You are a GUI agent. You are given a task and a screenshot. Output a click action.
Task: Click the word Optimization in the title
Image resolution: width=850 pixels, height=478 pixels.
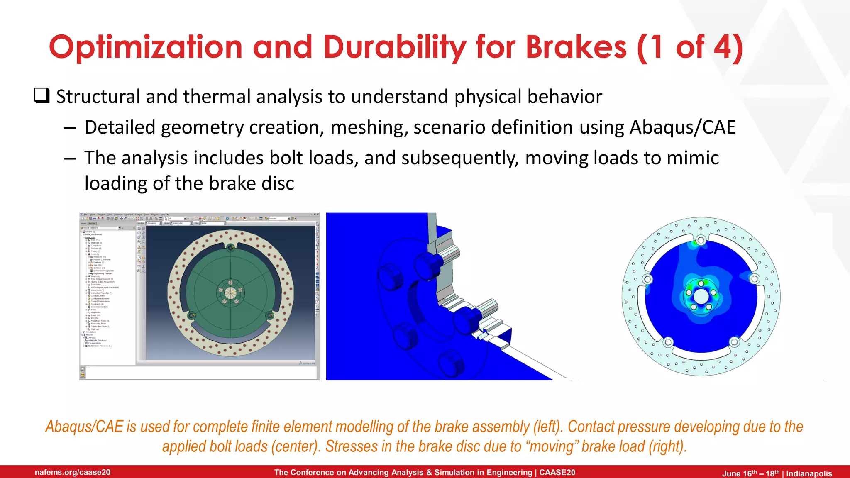[145, 47]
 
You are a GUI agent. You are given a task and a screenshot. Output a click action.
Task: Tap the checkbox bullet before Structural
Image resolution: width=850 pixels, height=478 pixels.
[42, 96]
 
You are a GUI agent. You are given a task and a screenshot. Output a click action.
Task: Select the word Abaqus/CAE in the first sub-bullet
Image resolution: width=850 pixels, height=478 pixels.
[682, 127]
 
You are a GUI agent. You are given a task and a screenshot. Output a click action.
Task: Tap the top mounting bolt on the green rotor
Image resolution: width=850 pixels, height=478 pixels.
[231, 248]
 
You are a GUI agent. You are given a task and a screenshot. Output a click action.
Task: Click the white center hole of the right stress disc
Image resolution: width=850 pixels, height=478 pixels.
[701, 297]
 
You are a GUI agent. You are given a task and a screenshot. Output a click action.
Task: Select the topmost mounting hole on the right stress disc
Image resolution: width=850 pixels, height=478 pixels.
[701, 240]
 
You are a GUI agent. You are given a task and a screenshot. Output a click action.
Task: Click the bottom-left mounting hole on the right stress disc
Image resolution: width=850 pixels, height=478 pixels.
[668, 342]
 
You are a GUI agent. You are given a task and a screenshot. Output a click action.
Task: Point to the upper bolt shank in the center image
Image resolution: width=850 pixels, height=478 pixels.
[448, 253]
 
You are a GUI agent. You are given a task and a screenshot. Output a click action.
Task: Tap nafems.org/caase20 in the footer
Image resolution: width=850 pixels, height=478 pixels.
[73, 472]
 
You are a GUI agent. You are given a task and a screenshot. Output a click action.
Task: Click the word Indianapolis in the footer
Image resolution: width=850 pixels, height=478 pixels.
[809, 473]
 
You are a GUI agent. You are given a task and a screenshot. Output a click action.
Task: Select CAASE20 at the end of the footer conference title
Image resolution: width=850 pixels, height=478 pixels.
[557, 472]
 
